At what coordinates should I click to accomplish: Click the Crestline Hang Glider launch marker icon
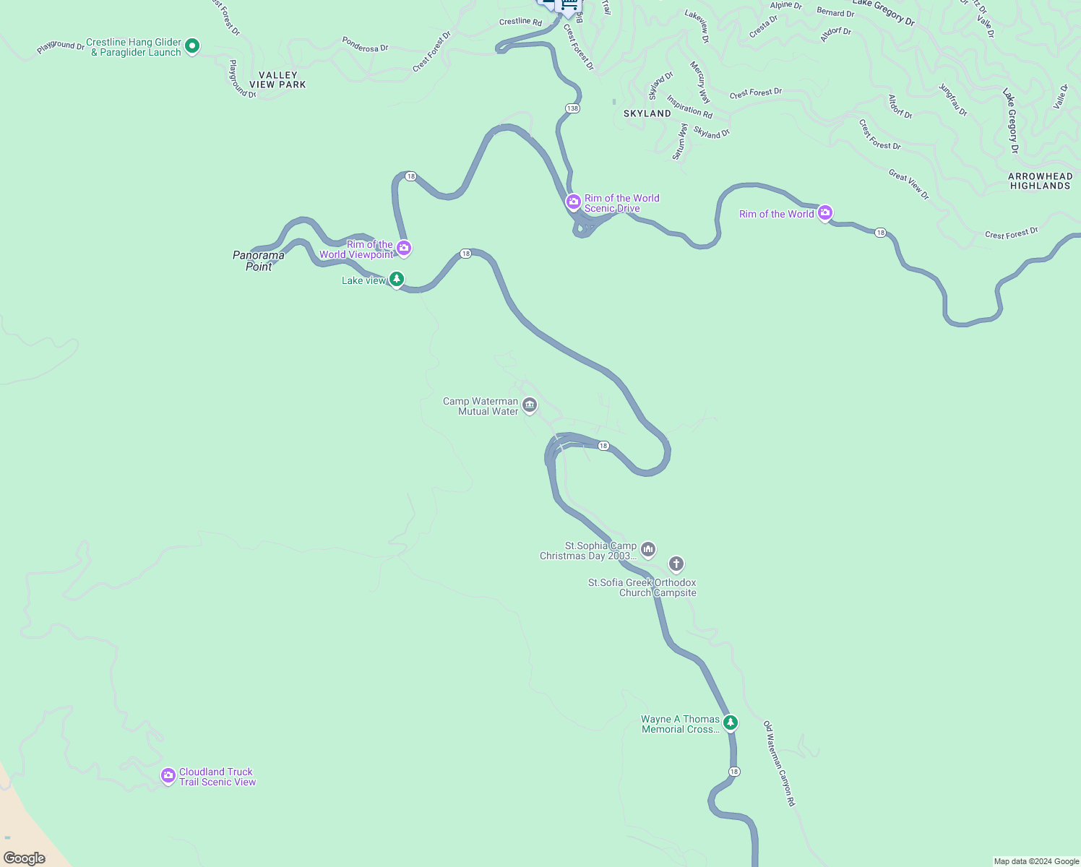point(192,46)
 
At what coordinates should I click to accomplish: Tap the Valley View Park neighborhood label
point(277,80)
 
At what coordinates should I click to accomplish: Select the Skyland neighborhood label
point(647,113)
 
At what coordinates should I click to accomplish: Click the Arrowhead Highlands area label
point(1040,181)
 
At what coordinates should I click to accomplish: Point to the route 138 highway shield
point(572,108)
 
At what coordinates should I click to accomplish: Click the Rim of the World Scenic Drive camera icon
point(574,201)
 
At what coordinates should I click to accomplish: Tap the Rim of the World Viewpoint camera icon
point(404,249)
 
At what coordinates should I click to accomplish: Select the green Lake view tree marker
point(396,279)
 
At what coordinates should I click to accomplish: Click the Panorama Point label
point(259,261)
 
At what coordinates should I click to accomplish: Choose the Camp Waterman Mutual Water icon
point(530,405)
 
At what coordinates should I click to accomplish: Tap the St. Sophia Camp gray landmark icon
point(648,550)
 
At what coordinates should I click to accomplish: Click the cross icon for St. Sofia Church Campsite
point(676,564)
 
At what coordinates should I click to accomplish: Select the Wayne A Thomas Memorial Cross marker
point(731,722)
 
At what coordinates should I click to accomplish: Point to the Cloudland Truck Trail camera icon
point(168,776)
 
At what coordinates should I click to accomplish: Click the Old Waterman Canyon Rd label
point(779,763)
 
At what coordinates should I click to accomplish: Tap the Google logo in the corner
point(25,858)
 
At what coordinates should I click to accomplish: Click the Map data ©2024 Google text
point(1035,861)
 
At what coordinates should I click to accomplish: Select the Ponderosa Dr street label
point(365,45)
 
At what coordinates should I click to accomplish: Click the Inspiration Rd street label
point(689,107)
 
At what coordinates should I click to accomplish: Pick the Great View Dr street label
point(908,184)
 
